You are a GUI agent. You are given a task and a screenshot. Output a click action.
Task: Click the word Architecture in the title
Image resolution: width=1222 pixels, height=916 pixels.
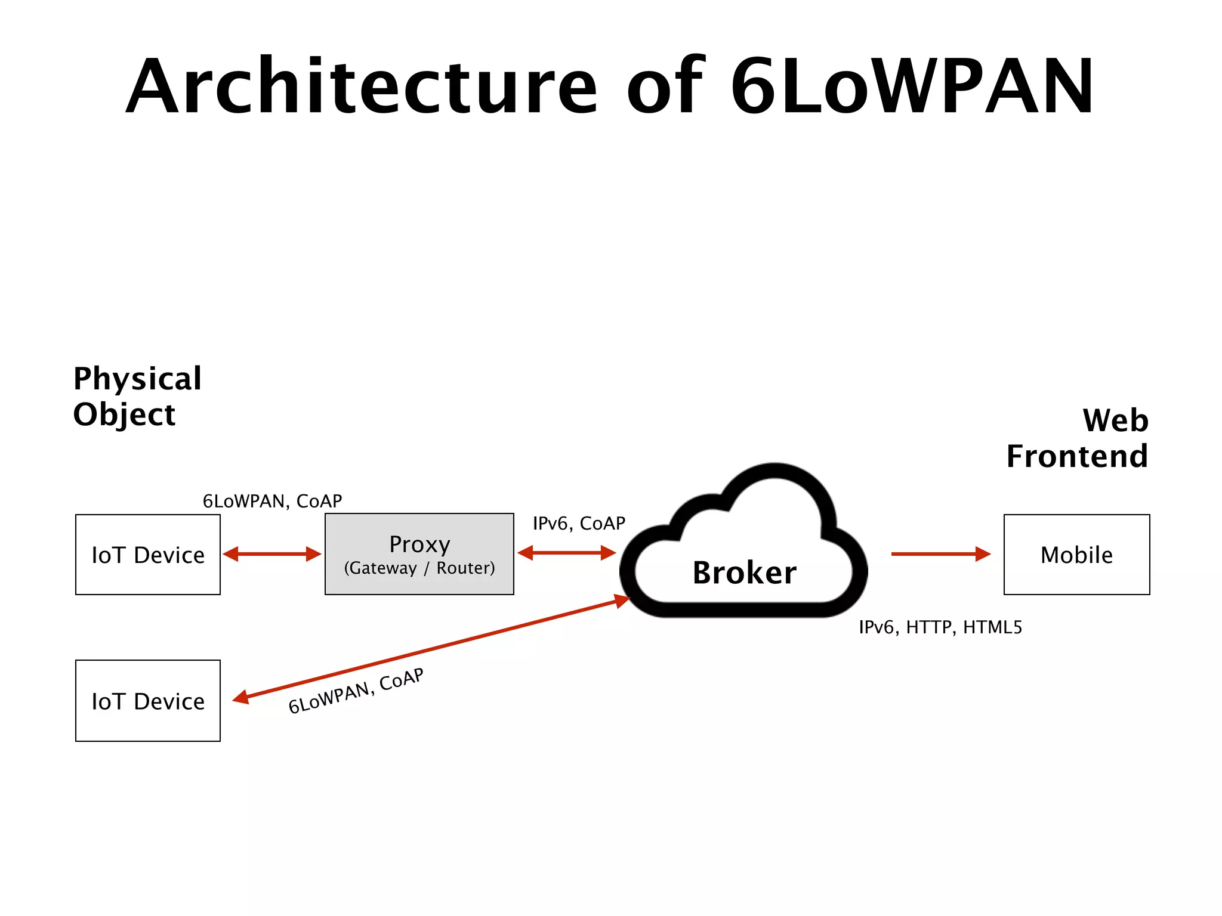(x=361, y=86)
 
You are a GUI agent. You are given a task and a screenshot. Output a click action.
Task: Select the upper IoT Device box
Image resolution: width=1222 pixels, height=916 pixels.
(x=147, y=555)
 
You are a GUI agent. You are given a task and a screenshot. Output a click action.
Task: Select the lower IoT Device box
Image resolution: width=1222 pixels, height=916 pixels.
(x=147, y=701)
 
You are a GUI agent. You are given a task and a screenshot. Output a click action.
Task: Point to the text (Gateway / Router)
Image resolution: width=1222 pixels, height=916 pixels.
(x=419, y=568)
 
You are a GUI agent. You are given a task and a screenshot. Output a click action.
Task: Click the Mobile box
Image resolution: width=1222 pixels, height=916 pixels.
(x=1076, y=555)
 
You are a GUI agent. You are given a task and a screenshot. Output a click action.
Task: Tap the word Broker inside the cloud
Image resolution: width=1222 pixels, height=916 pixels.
(x=744, y=573)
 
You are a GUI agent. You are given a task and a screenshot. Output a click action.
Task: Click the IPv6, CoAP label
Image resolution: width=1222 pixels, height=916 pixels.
(x=578, y=524)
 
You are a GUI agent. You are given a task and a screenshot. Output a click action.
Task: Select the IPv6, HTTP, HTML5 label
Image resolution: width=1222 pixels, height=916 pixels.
(x=940, y=627)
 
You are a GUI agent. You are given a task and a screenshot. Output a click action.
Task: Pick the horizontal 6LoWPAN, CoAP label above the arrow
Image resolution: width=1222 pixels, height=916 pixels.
(x=272, y=502)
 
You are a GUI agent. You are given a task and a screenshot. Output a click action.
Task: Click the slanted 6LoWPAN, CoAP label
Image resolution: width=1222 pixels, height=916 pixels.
(x=356, y=691)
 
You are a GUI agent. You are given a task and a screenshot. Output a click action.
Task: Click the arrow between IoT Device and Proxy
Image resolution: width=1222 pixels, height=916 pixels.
(x=272, y=554)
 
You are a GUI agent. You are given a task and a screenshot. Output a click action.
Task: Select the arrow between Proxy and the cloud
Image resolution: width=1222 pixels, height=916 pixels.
(x=566, y=553)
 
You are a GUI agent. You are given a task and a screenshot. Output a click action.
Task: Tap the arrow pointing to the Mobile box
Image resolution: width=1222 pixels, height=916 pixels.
(x=940, y=554)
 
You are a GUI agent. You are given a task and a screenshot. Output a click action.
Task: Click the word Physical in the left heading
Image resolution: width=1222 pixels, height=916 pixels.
(x=137, y=379)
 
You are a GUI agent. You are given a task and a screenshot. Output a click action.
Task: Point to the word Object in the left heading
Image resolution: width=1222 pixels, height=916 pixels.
(x=124, y=415)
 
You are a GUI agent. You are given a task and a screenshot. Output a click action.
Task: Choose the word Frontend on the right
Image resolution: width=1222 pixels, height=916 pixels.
(x=1076, y=457)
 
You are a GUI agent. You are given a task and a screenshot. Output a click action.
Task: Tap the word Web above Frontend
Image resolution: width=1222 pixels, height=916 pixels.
(x=1115, y=420)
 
